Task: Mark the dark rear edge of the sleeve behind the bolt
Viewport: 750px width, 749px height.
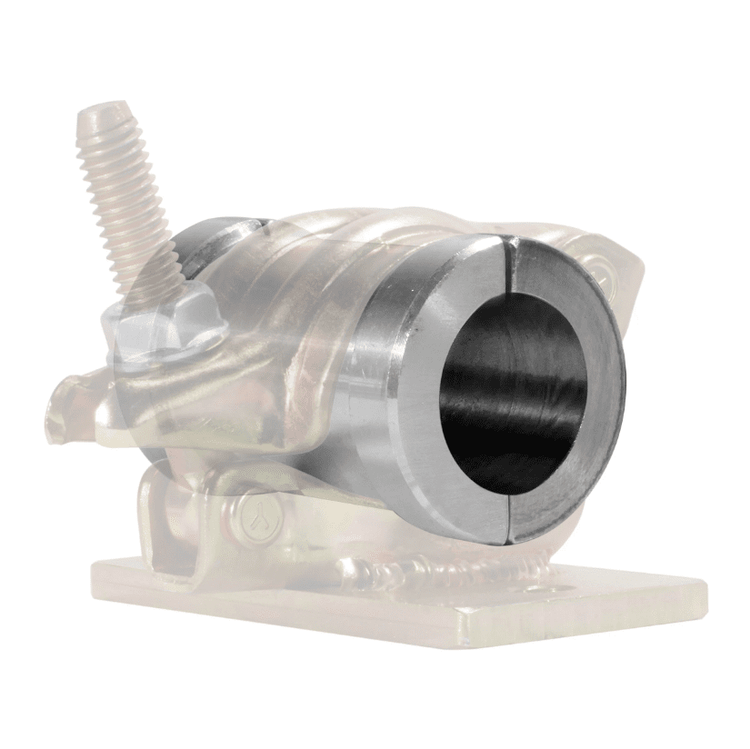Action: [x=195, y=241]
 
